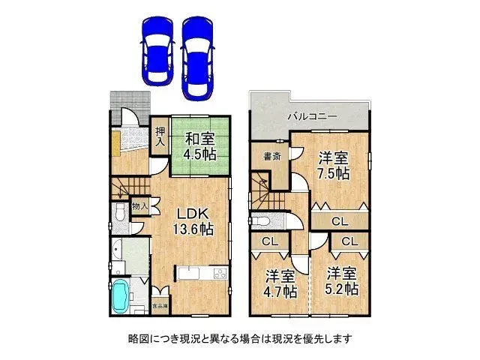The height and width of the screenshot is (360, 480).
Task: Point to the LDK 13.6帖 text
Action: coord(193,221)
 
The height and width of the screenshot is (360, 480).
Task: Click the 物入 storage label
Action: coord(140,205)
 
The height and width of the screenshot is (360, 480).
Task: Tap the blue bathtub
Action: coord(121,296)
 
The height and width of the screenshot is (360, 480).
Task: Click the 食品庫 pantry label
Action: coord(160,306)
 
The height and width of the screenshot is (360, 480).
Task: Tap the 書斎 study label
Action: coord(271,157)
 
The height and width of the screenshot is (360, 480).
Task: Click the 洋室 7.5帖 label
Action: coord(332,165)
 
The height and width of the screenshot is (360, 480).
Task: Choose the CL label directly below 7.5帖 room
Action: coord(340,221)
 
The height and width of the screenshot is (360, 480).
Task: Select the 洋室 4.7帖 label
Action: coord(279,283)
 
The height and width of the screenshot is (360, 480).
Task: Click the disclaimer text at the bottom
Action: coord(240,338)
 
